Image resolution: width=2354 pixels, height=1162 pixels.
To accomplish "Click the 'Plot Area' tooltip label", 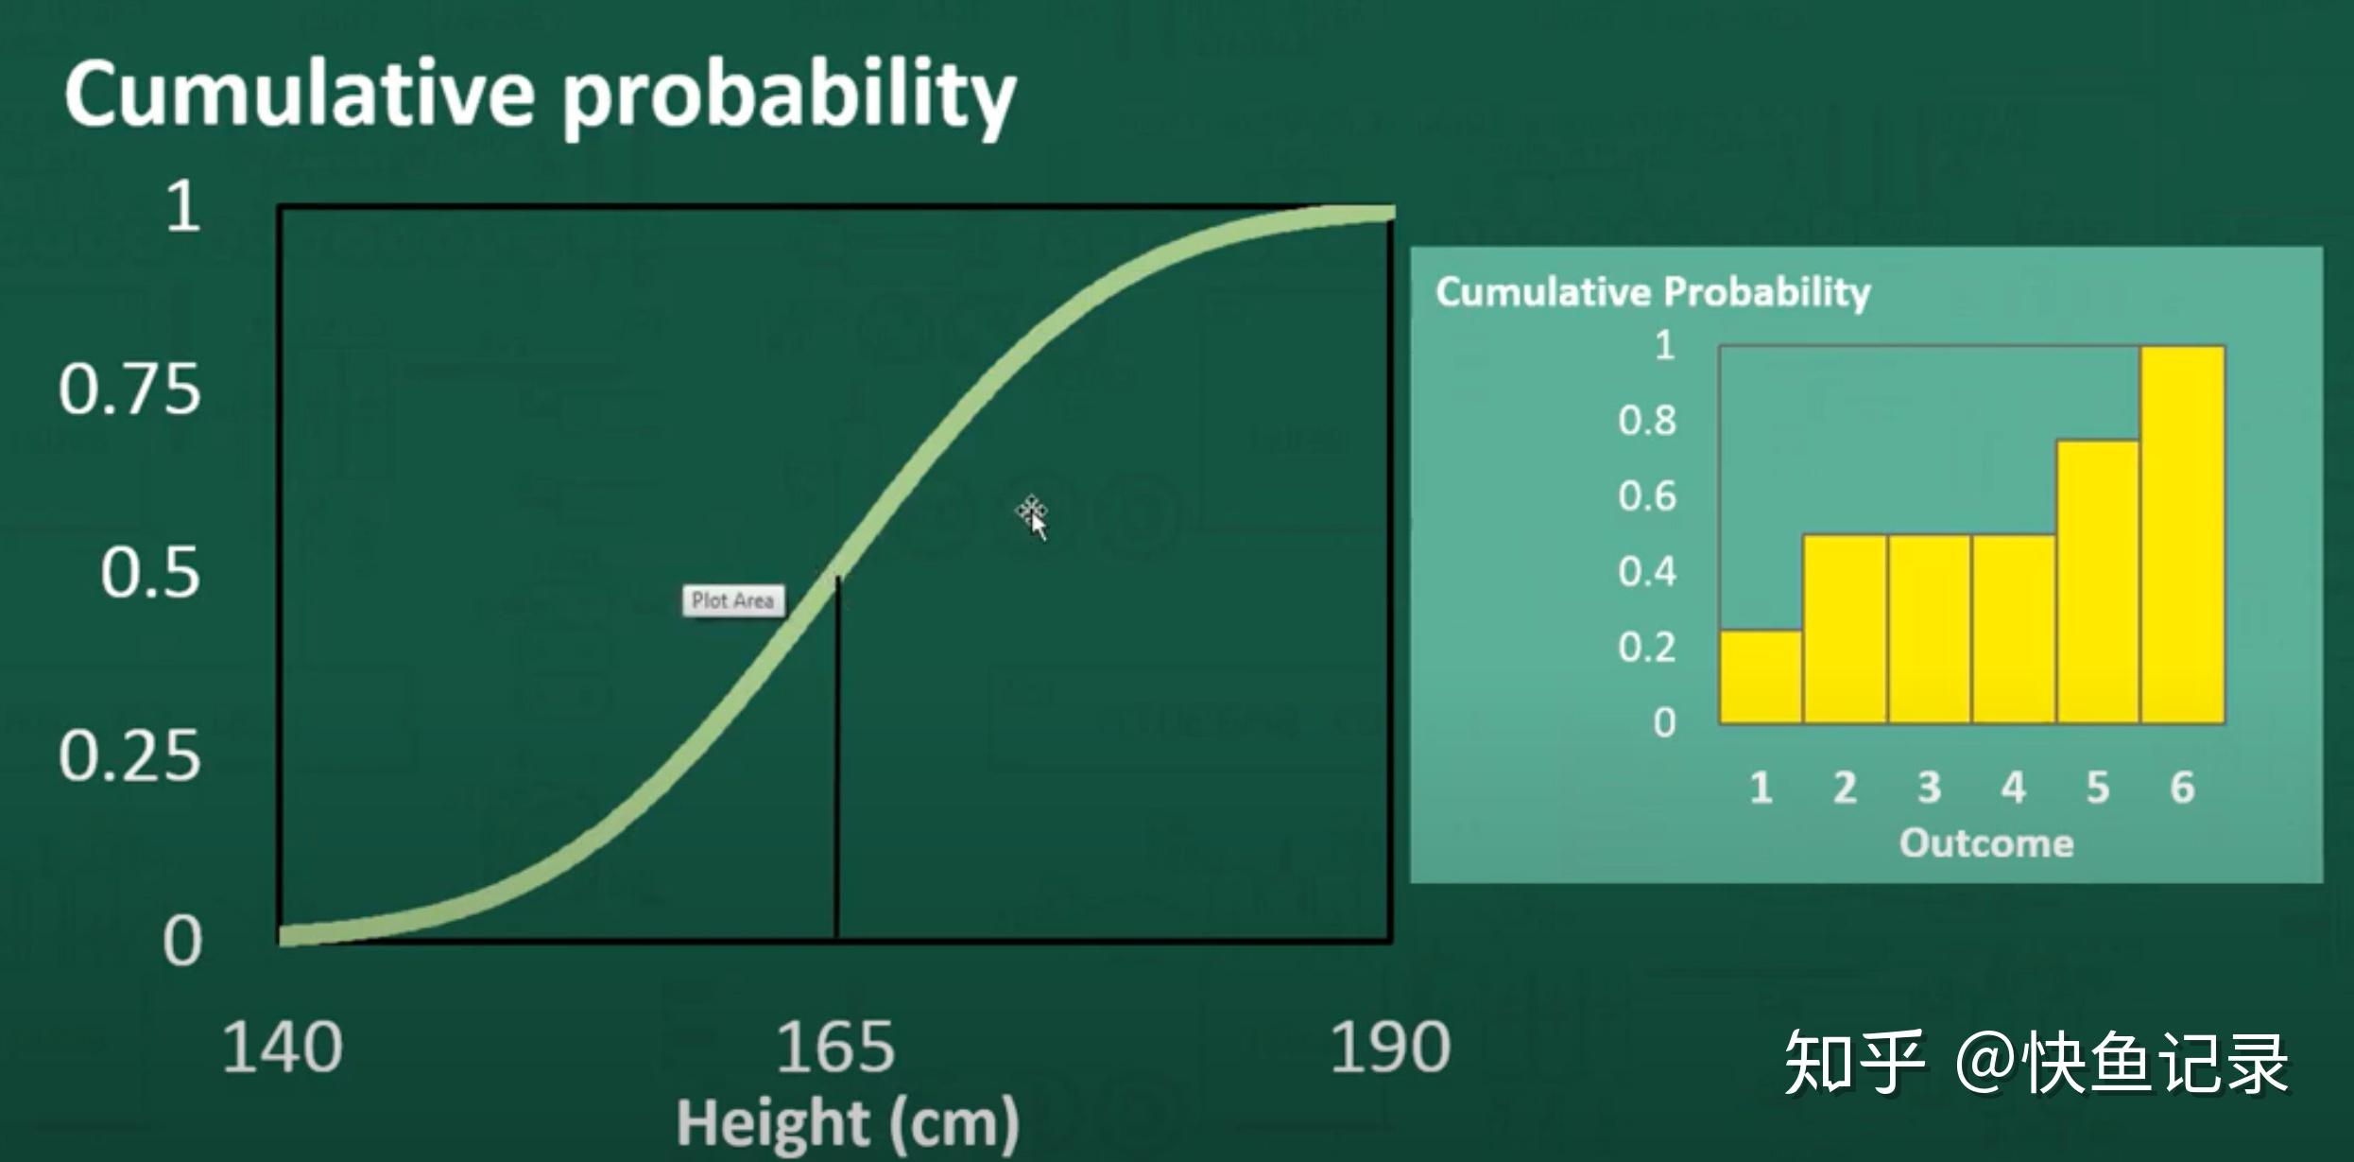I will (x=733, y=600).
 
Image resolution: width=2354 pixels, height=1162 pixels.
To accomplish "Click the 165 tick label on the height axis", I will (x=834, y=1048).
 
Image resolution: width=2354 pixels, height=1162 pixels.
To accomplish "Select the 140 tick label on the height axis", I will (x=283, y=1048).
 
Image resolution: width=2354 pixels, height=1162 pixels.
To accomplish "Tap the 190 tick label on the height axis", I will (x=1389, y=1048).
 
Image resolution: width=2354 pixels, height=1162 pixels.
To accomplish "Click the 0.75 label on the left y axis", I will (x=130, y=389).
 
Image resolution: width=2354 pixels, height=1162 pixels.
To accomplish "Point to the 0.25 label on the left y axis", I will (x=130, y=756).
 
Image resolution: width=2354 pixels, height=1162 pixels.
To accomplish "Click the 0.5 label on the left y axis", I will (x=151, y=572).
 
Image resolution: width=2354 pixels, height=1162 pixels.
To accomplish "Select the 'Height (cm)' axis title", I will (x=848, y=1123).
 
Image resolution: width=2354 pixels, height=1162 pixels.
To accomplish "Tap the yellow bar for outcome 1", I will (x=1760, y=676).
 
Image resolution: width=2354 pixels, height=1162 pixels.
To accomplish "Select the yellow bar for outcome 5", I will (x=2097, y=581).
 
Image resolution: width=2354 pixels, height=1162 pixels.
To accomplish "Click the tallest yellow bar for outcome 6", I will (x=2182, y=534).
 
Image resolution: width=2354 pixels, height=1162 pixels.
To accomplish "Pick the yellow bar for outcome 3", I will (x=1929, y=629).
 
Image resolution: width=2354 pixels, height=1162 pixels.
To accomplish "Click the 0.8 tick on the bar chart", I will (x=1647, y=421).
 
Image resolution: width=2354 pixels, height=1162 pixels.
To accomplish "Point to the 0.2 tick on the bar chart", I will (x=1647, y=648).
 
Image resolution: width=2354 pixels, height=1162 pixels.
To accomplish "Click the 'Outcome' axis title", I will (x=1986, y=842).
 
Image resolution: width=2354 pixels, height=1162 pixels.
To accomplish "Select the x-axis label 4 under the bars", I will (x=2013, y=787).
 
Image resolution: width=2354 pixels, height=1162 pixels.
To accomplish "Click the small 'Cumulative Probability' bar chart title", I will (x=1653, y=291).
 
